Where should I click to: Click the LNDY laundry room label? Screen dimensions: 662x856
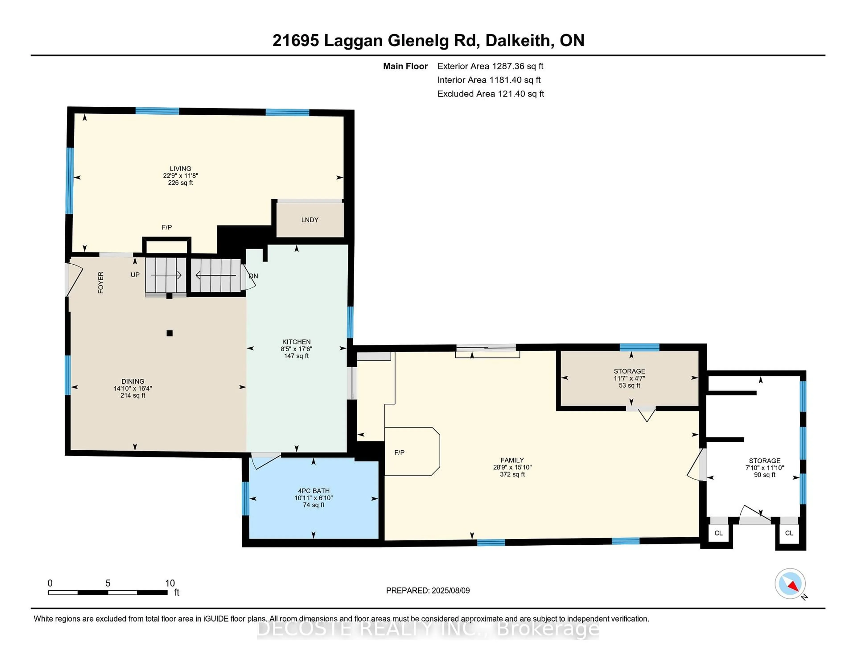point(310,220)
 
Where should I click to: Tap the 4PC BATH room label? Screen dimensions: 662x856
point(314,491)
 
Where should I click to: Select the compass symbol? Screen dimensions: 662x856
point(790,583)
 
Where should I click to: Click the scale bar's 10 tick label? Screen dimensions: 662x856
point(170,583)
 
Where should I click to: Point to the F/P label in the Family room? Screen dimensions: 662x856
point(399,453)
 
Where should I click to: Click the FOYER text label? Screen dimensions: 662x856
point(101,282)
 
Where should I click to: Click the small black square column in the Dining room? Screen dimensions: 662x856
point(169,333)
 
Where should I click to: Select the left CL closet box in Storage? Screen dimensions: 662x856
point(718,533)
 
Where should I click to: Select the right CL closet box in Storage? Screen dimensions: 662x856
point(789,533)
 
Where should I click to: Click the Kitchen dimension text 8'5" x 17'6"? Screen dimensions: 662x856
point(296,349)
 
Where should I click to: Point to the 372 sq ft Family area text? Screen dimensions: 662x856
point(512,474)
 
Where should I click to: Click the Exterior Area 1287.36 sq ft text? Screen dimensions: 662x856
point(490,66)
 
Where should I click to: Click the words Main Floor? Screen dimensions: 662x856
point(405,66)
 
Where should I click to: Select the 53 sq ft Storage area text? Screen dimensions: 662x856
point(629,385)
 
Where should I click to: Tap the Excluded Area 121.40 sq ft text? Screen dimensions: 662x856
point(491,94)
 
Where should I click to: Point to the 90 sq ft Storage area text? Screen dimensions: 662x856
point(764,475)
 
